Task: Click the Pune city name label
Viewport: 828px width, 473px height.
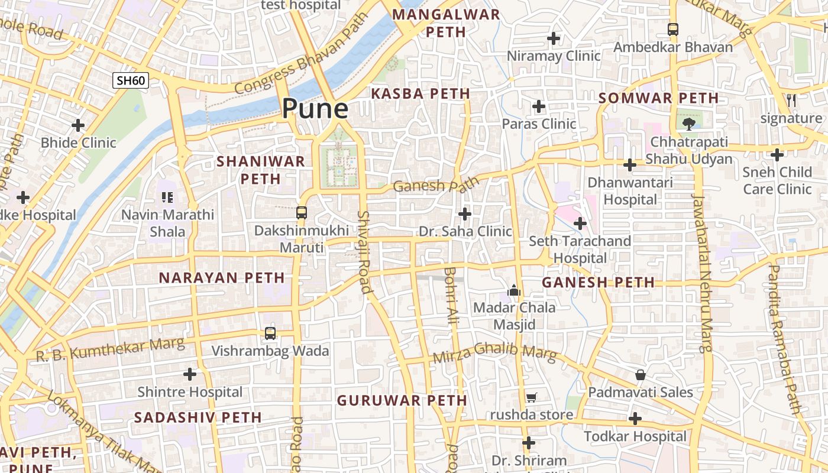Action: pos(315,108)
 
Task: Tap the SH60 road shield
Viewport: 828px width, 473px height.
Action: pos(131,80)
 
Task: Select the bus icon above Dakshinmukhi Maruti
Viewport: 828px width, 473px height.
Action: pos(302,212)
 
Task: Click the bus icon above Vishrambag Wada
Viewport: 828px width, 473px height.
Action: pos(270,333)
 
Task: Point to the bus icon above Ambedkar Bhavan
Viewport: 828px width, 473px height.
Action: pos(673,29)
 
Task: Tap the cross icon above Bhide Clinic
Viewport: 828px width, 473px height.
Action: pos(78,125)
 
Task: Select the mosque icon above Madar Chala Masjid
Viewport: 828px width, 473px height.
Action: pos(514,290)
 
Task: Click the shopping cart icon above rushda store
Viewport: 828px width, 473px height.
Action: pos(531,397)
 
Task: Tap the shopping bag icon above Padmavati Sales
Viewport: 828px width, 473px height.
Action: pos(640,375)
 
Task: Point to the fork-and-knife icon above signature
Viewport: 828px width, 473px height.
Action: pos(791,101)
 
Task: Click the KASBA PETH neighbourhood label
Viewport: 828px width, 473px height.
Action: pos(420,93)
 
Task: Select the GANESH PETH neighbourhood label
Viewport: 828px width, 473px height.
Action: pos(598,283)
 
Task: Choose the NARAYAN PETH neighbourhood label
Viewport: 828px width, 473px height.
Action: pos(222,277)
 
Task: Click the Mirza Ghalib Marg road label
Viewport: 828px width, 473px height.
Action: pos(494,354)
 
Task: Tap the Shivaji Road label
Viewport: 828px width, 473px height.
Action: pos(364,252)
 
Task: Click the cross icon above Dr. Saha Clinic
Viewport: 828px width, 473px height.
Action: pos(465,213)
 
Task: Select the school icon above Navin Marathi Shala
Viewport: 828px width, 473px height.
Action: pos(167,197)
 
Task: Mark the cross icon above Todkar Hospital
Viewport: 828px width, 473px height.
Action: pos(635,419)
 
